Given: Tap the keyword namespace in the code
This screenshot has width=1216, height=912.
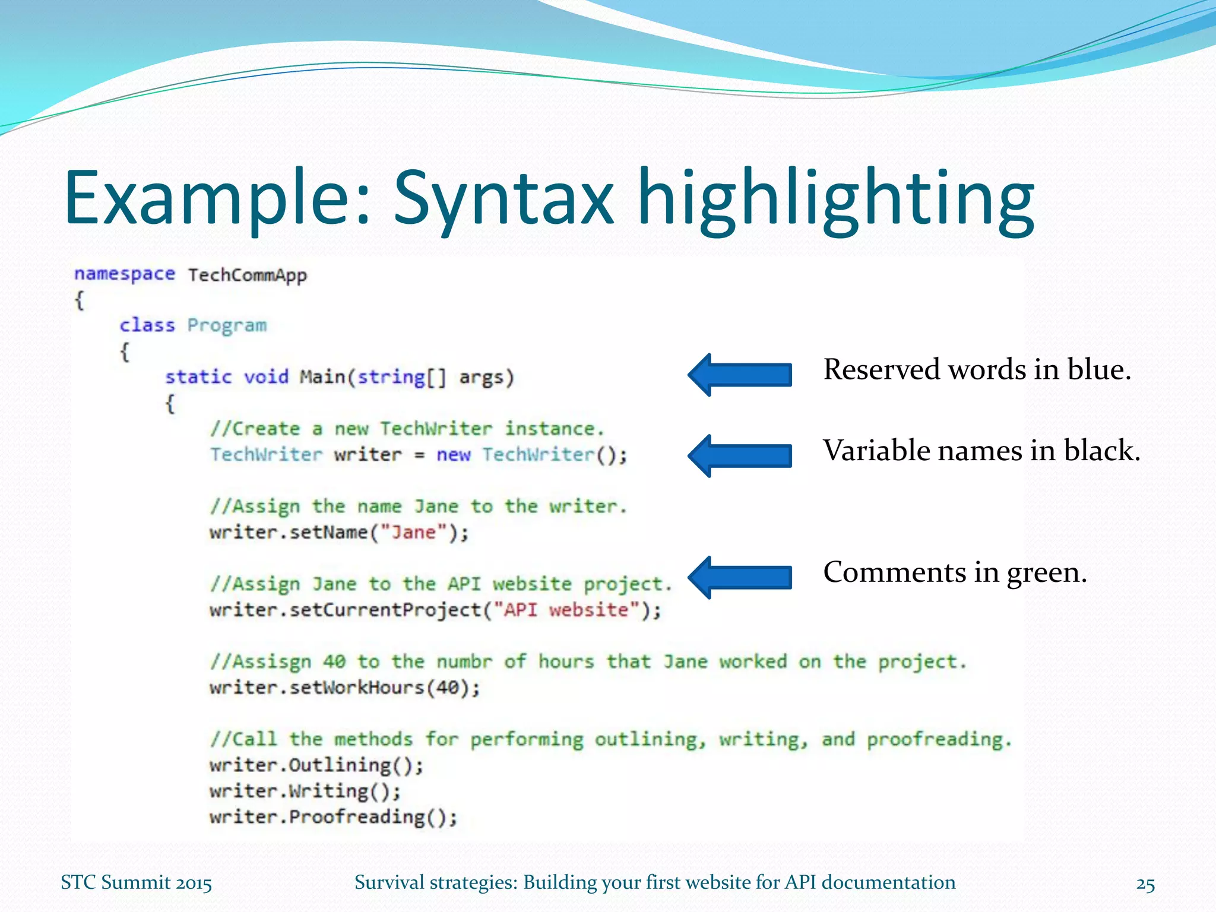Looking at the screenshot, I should tap(125, 274).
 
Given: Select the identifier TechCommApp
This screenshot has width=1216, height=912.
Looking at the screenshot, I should tap(248, 275).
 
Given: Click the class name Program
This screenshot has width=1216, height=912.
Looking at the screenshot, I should tap(227, 325).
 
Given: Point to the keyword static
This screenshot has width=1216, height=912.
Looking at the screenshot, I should tap(198, 377).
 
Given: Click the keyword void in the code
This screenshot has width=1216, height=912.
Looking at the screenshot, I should tap(266, 377).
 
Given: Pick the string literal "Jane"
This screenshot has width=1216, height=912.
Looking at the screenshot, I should tap(413, 532).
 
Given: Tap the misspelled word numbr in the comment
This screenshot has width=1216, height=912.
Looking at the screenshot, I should tap(464, 661).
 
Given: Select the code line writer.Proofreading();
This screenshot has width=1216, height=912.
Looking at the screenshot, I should tap(333, 817).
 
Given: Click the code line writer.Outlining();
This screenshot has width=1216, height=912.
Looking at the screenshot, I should tap(316, 765).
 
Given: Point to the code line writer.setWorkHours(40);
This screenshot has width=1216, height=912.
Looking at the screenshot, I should tap(344, 688).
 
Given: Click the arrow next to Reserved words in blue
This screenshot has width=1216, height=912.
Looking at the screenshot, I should tap(739, 375).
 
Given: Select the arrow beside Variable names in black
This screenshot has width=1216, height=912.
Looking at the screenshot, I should tap(739, 455).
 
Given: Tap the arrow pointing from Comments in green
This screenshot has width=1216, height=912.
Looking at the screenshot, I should tap(739, 577).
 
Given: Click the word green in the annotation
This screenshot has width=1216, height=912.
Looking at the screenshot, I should tap(1046, 573).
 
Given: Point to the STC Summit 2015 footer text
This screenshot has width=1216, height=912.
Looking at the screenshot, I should tap(136, 883).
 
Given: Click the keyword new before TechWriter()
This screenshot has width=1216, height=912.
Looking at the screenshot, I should tap(454, 455).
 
